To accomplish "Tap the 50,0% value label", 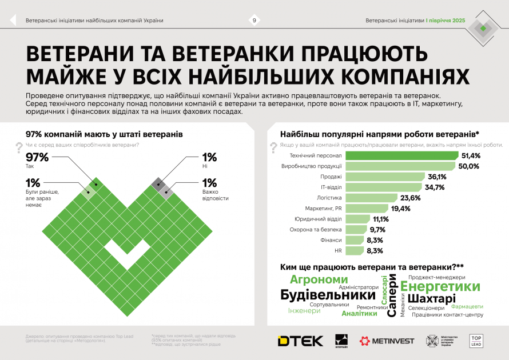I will pyautogui.click(x=468, y=166).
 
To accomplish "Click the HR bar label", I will pyautogui.click(x=337, y=251).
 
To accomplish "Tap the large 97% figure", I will pyautogui.click(x=38, y=158).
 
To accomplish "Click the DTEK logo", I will pyautogui.click(x=300, y=341).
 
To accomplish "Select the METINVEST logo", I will pyautogui.click(x=387, y=341).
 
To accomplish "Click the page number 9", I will pyautogui.click(x=254, y=21).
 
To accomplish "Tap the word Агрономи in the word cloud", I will pyautogui.click(x=319, y=279).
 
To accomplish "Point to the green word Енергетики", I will pyautogui.click(x=440, y=286).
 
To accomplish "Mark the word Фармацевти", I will pyautogui.click(x=463, y=306).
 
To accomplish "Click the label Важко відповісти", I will pyautogui.click(x=215, y=195).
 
